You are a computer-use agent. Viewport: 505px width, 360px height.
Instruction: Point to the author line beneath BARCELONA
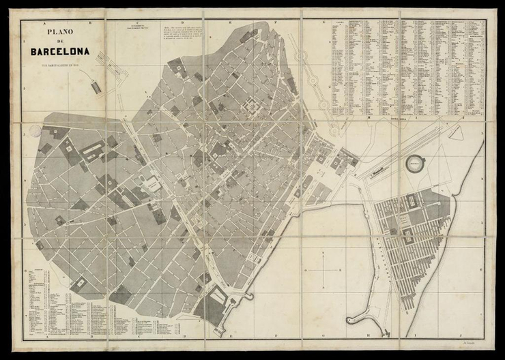[x=60, y=65]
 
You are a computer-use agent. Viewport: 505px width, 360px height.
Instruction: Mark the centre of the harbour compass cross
[x=323, y=271]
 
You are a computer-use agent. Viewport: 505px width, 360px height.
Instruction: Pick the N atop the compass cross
[x=323, y=252]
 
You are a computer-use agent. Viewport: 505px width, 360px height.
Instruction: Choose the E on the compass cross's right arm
[x=341, y=271]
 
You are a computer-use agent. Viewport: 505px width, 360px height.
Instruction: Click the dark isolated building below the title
[x=95, y=87]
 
